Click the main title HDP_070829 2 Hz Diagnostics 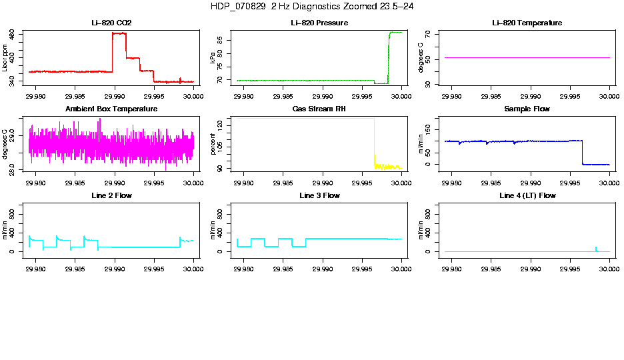tap(311, 6)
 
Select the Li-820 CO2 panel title tap(111, 23)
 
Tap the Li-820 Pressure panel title tap(319, 23)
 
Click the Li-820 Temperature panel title tap(527, 23)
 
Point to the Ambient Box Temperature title tap(111, 109)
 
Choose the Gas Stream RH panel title tap(319, 109)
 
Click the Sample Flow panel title tap(527, 109)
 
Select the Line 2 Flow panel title tap(111, 195)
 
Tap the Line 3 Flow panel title tap(319, 195)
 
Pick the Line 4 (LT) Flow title tap(527, 195)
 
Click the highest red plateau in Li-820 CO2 tap(119, 33)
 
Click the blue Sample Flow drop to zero tap(583, 153)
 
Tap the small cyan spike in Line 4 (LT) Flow tap(596, 249)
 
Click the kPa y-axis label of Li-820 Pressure tap(212, 59)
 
